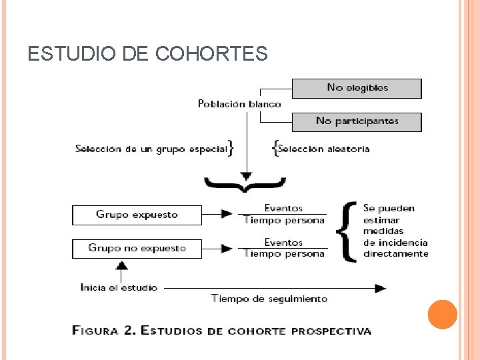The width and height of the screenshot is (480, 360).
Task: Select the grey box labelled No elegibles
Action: click(357, 88)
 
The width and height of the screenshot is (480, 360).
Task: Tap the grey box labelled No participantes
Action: click(357, 121)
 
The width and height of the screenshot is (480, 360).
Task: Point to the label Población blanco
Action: click(239, 104)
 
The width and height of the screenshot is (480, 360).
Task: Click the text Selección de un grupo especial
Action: click(151, 149)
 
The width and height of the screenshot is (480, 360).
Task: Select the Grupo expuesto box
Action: click(137, 215)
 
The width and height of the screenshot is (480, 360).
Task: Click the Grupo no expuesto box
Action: click(137, 248)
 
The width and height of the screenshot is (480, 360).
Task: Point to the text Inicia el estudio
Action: click(119, 287)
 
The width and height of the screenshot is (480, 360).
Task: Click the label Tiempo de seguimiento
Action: click(269, 299)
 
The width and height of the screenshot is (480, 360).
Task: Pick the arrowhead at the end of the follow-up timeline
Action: click(380, 288)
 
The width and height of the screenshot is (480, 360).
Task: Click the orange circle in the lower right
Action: click(443, 315)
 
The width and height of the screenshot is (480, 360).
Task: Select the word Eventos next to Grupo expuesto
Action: click(283, 209)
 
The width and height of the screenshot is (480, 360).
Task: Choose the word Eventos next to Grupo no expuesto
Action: click(283, 243)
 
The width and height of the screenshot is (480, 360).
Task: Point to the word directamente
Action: click(396, 254)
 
